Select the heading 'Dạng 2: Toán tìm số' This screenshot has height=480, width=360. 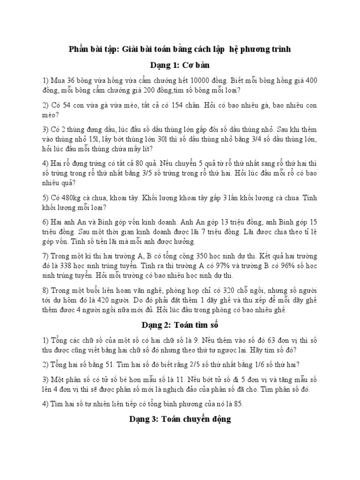[x=180, y=324]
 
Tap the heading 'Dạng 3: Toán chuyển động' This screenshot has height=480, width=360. [x=180, y=420]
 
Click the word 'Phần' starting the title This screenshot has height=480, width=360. [x=79, y=49]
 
